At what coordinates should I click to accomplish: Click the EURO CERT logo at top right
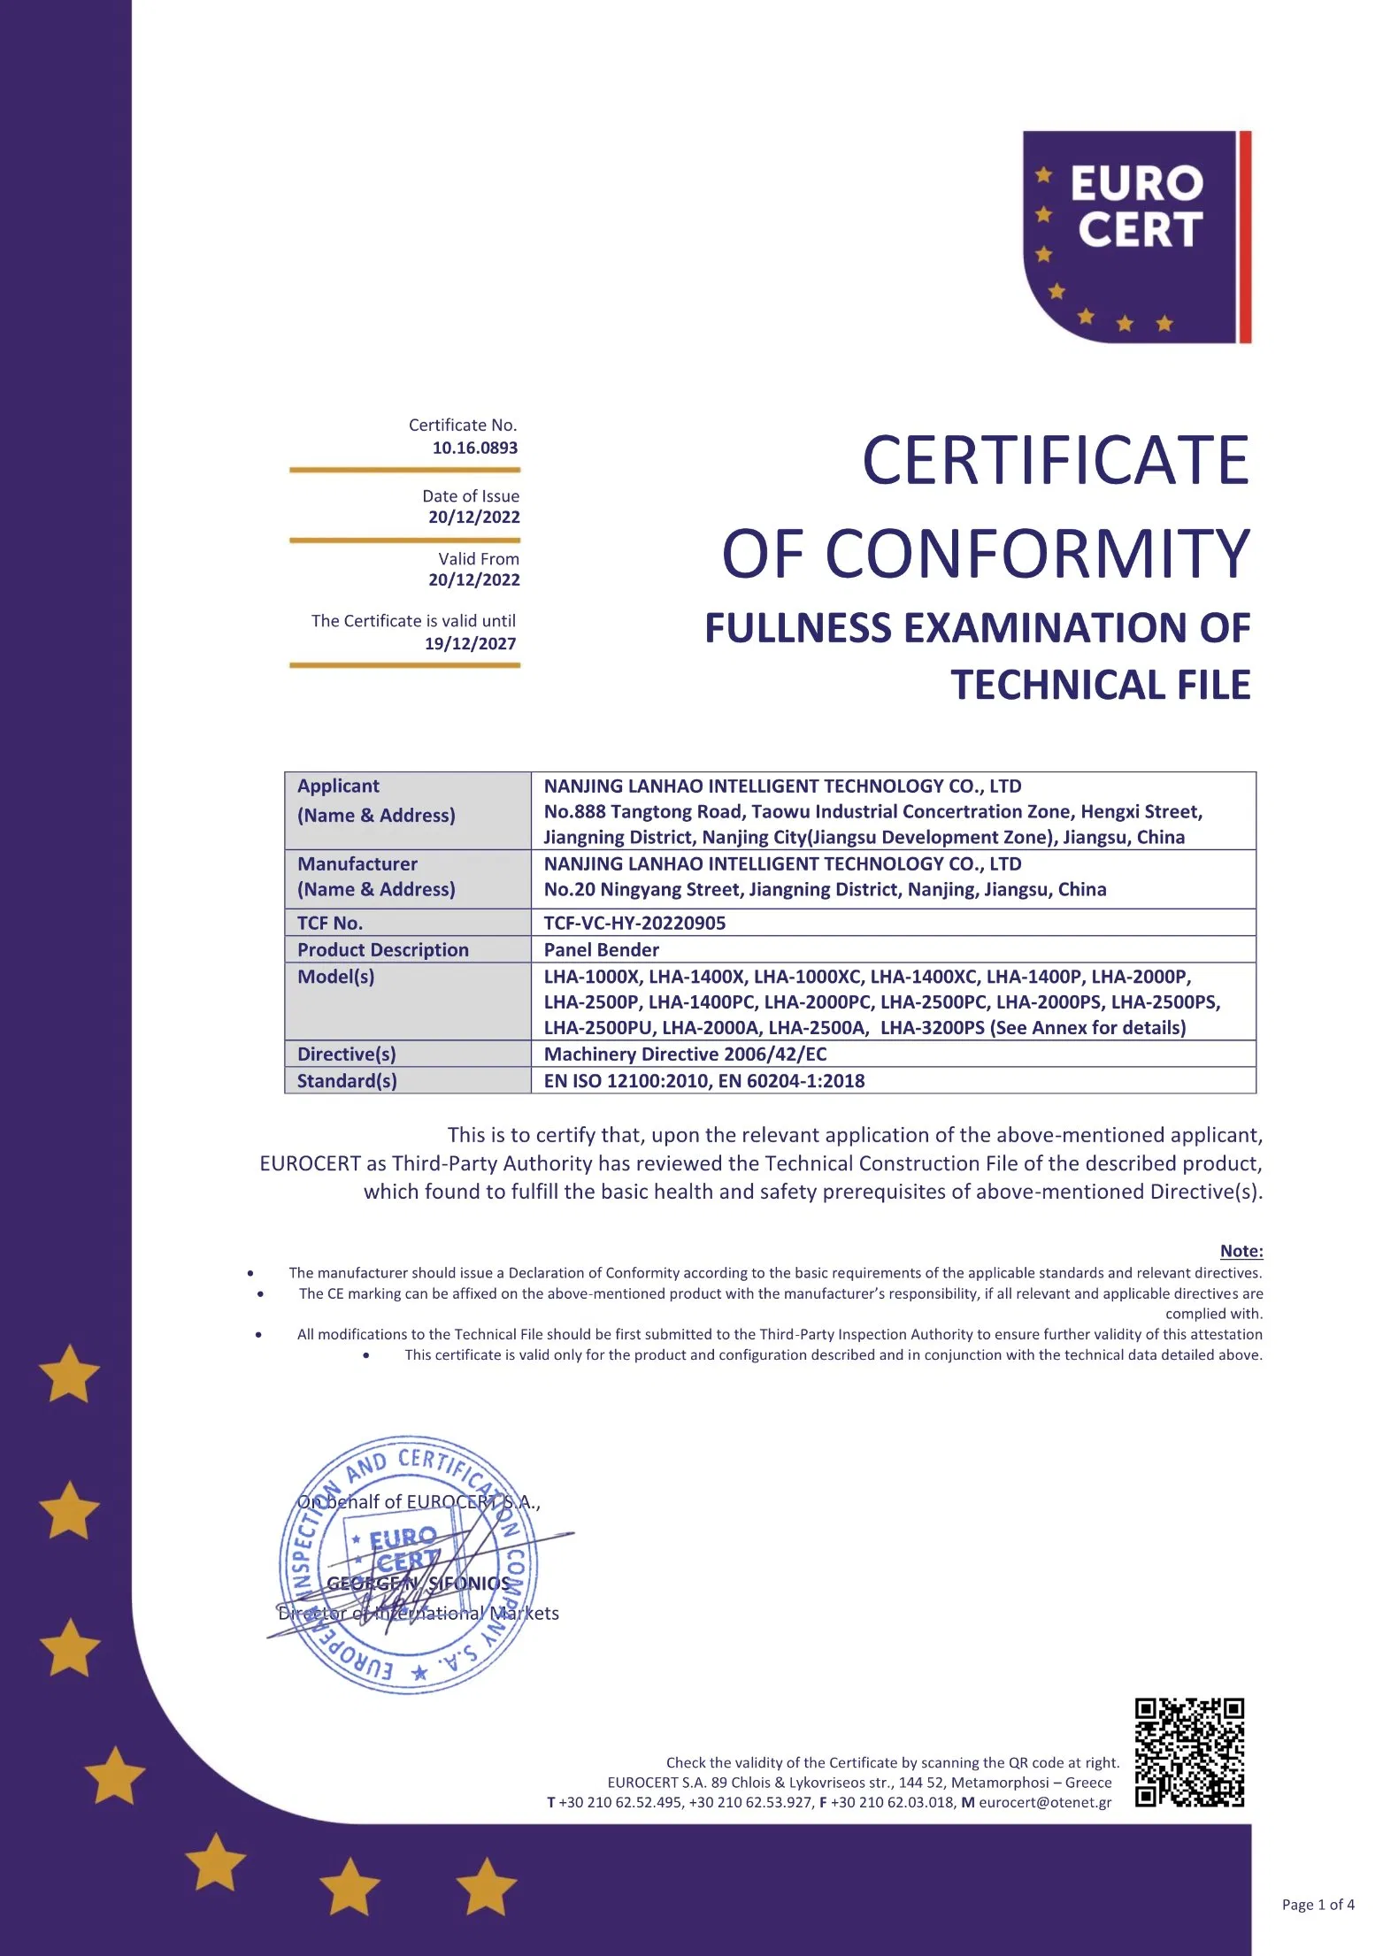click(x=1136, y=236)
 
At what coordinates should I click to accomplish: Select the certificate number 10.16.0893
click(x=474, y=448)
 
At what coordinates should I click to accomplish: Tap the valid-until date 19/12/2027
click(x=470, y=644)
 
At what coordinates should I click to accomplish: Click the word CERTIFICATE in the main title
click(x=1055, y=461)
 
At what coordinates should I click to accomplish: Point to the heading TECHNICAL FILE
click(x=1100, y=685)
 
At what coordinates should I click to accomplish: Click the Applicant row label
click(x=338, y=786)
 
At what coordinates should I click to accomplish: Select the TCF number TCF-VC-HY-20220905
click(x=634, y=923)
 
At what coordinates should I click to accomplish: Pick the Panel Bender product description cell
click(x=601, y=949)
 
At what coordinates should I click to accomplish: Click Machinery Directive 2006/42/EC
click(x=685, y=1054)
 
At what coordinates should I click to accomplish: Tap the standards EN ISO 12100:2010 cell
click(x=703, y=1080)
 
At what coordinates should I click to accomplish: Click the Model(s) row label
click(x=335, y=977)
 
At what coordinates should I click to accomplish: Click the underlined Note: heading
click(x=1241, y=1251)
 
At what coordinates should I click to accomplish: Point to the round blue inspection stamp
click(x=408, y=1565)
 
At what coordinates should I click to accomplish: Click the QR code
click(x=1189, y=1753)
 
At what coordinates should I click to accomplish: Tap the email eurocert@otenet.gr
click(x=1044, y=1802)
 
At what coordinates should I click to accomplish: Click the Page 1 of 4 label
click(x=1318, y=1905)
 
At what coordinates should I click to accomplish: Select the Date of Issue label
click(x=470, y=496)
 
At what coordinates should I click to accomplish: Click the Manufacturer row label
click(x=357, y=864)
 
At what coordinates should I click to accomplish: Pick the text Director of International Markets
click(x=419, y=1613)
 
